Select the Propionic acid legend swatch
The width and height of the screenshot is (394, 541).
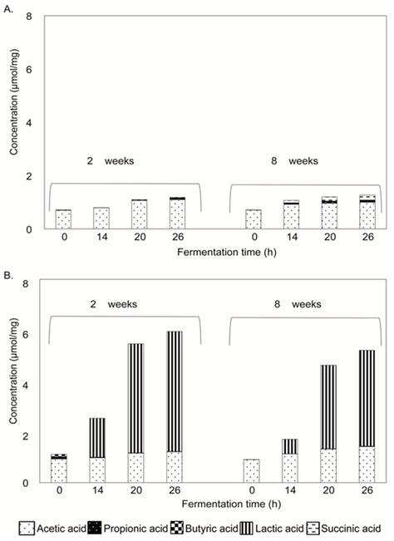[97, 528]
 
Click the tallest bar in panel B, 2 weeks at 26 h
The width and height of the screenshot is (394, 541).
[175, 406]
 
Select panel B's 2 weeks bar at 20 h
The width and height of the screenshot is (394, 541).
[136, 413]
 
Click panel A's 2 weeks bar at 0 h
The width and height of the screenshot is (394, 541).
[63, 219]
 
